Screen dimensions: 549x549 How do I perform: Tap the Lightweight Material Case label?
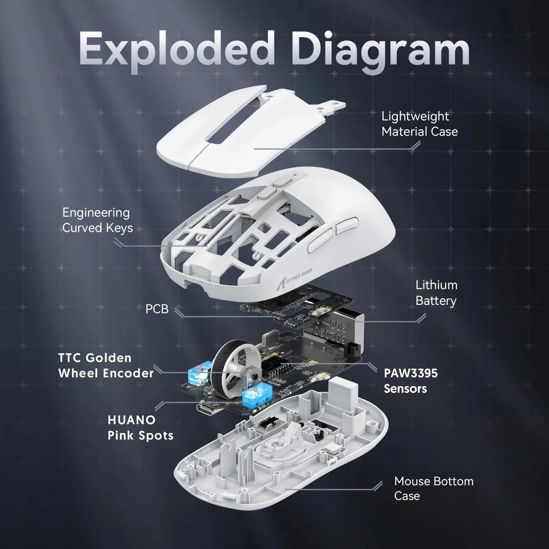[419, 124]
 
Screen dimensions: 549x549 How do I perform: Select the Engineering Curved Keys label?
[97, 220]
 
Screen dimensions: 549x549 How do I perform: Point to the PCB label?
[157, 309]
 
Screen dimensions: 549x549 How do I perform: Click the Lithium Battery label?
[436, 293]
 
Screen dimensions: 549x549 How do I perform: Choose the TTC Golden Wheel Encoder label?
[106, 365]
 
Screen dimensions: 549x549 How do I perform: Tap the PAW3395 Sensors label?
[410, 381]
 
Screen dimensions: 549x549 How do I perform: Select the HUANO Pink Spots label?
[141, 427]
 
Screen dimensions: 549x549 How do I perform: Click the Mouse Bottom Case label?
[434, 488]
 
